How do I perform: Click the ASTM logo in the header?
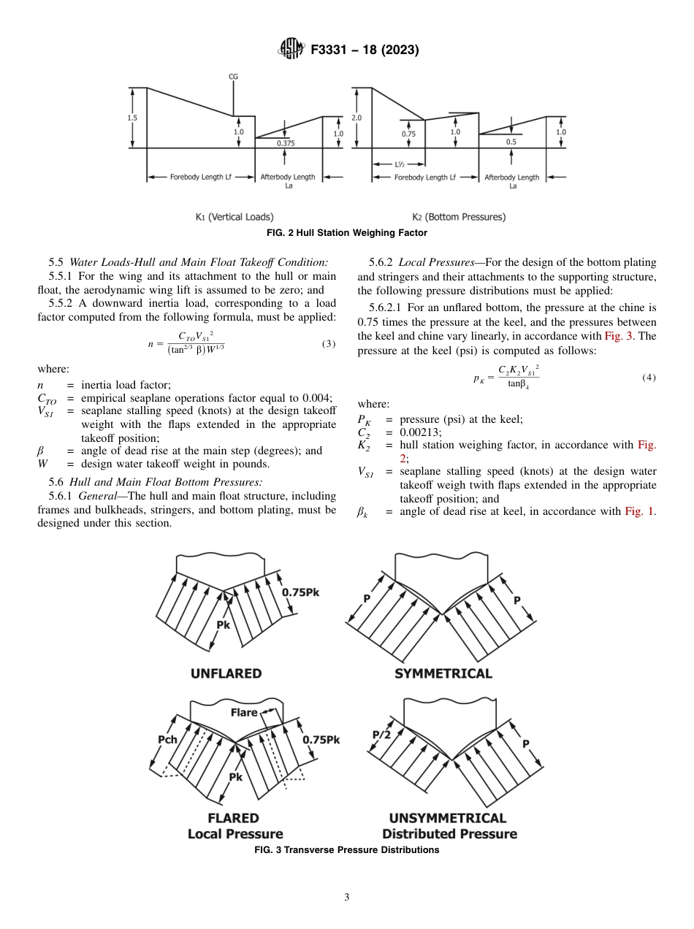pos(292,50)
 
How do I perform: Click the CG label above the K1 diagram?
pos(234,76)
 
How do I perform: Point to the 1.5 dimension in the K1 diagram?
pos(132,117)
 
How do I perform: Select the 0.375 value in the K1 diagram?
pos(286,143)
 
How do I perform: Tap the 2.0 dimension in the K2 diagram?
pos(356,117)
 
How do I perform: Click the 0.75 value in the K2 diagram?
pos(408,134)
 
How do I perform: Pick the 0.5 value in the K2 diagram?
pos(511,142)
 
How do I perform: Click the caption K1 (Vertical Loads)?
pos(234,217)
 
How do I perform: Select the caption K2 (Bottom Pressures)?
pos(459,217)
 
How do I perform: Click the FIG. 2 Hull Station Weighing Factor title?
pos(346,232)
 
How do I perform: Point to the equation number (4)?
pos(649,378)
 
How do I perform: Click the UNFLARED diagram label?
pos(226,673)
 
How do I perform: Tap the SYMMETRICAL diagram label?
pos(443,673)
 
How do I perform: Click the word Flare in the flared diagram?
pos(244,712)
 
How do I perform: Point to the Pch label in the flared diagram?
pos(168,739)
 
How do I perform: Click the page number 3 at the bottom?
pos(346,897)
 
